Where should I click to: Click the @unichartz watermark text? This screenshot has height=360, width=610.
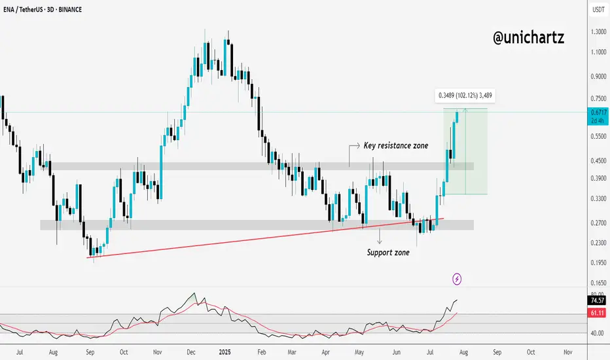point(528,38)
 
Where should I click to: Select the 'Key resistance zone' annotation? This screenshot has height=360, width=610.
point(396,145)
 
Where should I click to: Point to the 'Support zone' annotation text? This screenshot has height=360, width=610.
point(388,251)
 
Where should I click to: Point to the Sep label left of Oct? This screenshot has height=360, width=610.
point(90,351)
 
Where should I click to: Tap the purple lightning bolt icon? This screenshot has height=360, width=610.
point(457,279)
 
